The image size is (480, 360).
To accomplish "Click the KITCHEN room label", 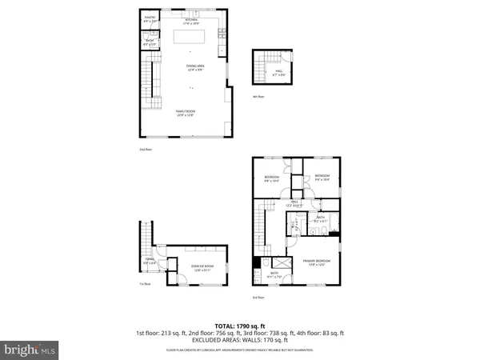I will [x=191, y=20].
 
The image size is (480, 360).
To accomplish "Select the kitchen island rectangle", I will [x=191, y=37].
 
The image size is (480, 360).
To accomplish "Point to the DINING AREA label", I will [x=191, y=69].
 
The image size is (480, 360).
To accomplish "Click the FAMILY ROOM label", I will [x=186, y=112].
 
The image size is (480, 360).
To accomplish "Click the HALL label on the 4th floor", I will [x=279, y=73].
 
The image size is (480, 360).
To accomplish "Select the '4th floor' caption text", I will [x=258, y=97].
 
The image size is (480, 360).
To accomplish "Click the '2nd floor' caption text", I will [x=144, y=149].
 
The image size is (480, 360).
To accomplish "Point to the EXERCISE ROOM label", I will [x=202, y=267].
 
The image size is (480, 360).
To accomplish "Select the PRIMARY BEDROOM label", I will [x=318, y=262].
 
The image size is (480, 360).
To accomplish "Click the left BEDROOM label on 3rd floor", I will [x=271, y=178].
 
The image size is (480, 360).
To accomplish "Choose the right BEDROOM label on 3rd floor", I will [x=322, y=177].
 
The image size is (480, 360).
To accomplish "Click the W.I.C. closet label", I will [x=294, y=226].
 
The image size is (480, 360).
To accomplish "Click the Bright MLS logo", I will [x=30, y=349].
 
